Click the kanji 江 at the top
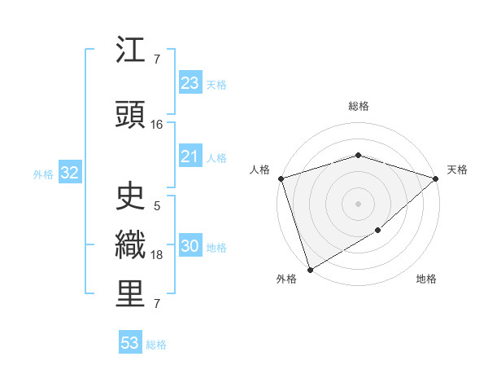coord(131,51)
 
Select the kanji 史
coord(131,195)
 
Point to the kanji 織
coord(131,244)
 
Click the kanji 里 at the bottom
coord(131,294)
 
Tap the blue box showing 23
coord(190,83)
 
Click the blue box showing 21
coord(190,156)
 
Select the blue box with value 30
coord(190,246)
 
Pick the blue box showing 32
coord(69,173)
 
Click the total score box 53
coord(130,343)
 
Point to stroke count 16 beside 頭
coord(157,125)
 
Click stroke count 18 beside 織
coord(157,256)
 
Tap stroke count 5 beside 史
coord(157,206)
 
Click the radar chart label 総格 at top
coord(358,106)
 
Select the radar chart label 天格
coord(457,169)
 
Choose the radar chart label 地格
coord(426,279)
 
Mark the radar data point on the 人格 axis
coord(281,178)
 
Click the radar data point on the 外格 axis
coord(309,269)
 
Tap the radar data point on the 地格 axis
coord(378,231)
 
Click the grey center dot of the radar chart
coord(358,203)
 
